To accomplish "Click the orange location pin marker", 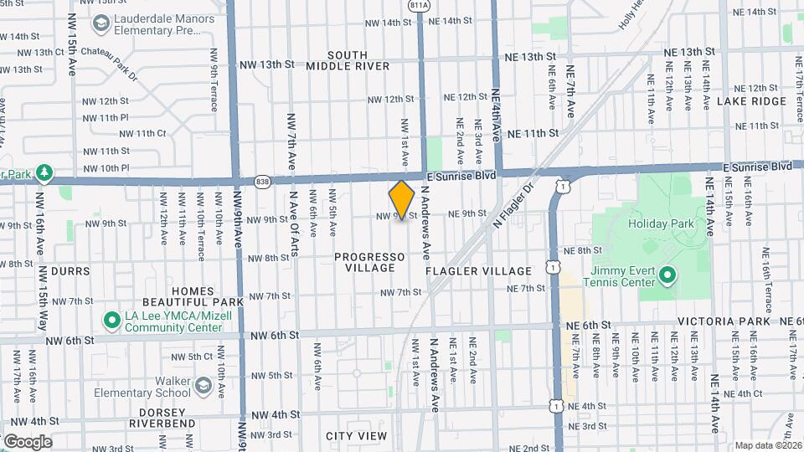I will [402, 199].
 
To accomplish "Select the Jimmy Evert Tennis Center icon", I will [667, 275].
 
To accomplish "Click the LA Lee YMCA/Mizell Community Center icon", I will [111, 321].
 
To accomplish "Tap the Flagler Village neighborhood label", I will [478, 271].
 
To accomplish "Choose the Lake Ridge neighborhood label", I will [751, 101].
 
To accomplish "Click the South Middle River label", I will [348, 59].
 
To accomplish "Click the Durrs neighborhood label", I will [70, 271].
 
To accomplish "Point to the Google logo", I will [28, 441].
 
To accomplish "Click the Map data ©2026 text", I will [768, 445].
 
